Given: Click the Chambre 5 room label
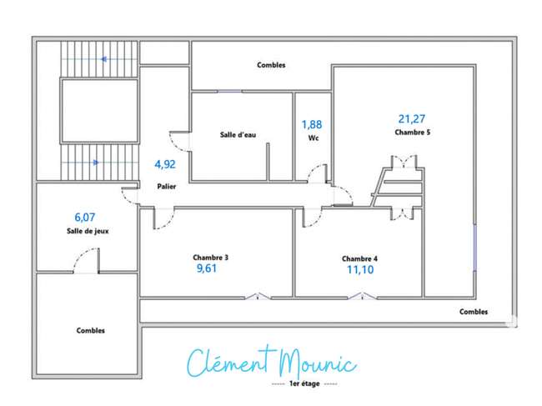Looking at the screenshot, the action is [413, 133].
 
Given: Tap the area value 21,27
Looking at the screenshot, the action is [412, 119].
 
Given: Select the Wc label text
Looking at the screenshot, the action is [314, 138].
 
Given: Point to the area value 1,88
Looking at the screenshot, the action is [312, 124].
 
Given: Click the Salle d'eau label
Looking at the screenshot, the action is [238, 135].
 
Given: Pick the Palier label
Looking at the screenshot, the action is [167, 187].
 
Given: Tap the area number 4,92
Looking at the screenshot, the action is [165, 164].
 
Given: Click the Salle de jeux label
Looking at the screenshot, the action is [88, 231].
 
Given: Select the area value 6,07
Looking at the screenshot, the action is [85, 218].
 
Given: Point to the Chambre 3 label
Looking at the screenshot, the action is [210, 258].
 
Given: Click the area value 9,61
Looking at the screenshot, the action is [207, 268].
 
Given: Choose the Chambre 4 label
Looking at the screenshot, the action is [359, 258].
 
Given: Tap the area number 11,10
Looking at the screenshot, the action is [360, 269].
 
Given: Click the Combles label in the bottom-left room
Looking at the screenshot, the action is [91, 330].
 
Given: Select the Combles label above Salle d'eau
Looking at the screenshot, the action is [271, 65].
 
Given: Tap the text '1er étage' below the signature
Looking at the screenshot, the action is [304, 383].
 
